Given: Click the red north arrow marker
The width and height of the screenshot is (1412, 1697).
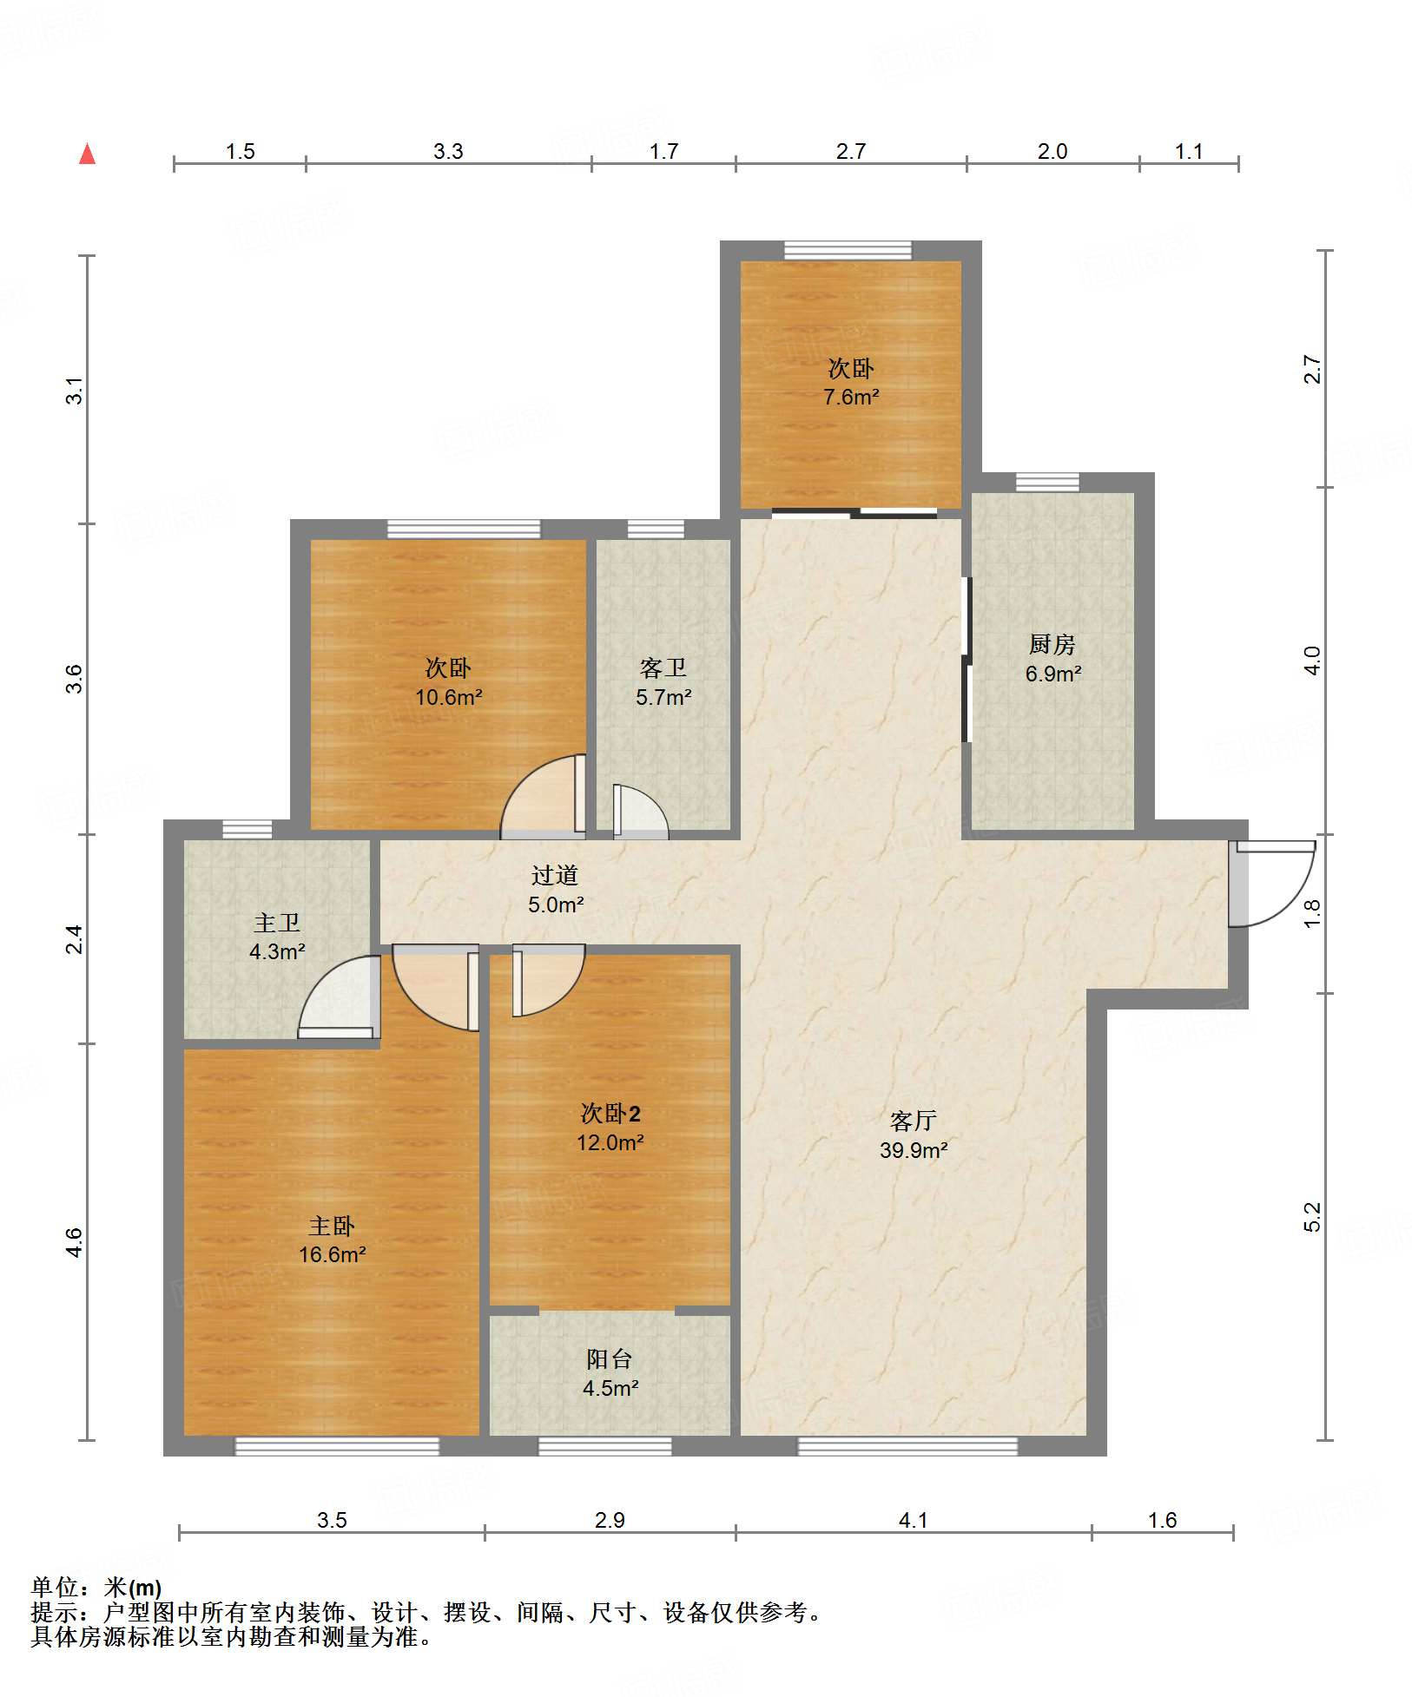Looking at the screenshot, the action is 87,154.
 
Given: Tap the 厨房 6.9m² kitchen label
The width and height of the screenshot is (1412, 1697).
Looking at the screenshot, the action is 1052,659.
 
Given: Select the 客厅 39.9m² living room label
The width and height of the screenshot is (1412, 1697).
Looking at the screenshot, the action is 913,1135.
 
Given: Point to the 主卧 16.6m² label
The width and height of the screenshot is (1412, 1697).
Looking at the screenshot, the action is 332,1240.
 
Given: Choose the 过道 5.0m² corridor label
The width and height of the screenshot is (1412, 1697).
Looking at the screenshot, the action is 556,890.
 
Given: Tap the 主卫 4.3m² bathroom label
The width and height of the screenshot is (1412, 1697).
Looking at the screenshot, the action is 277,937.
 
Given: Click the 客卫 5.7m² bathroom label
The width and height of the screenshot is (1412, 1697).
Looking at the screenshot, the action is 663,682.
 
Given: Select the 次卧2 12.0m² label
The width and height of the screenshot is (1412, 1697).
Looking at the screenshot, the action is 610,1128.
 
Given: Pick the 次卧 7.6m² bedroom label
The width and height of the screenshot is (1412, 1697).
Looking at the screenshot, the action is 851,382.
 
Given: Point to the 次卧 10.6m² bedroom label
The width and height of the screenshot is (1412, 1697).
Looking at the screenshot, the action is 448,682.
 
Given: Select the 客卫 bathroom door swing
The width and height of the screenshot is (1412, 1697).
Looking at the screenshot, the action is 641,812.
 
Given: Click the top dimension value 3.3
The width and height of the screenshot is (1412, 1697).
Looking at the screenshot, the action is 448,151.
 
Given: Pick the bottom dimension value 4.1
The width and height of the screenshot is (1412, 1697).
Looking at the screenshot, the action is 913,1520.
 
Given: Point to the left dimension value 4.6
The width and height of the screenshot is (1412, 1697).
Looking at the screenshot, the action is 75,1242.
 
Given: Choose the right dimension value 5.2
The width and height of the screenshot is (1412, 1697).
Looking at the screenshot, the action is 1312,1216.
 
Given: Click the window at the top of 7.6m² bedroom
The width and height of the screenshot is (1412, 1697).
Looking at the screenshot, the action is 848,250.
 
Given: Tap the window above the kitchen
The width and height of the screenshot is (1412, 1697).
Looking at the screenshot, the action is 1047,482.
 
